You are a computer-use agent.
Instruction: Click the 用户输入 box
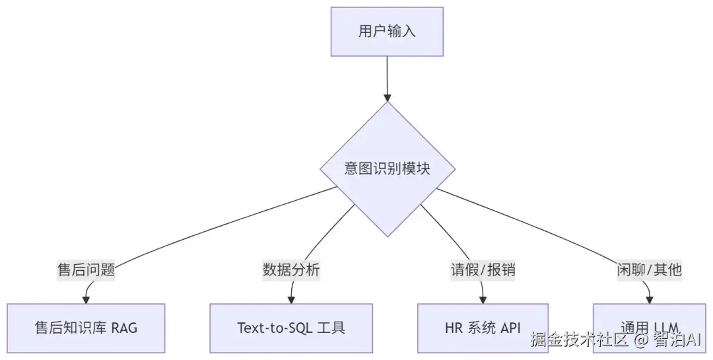(x=387, y=31)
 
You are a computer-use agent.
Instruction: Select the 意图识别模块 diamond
(x=388, y=169)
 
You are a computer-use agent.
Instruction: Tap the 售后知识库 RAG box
(x=86, y=328)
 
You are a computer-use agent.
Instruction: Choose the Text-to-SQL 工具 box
(x=291, y=328)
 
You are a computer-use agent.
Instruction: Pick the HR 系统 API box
(x=483, y=328)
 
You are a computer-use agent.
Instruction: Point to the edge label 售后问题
(x=86, y=270)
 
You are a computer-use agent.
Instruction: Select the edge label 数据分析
(x=291, y=270)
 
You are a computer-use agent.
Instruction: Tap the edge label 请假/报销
(x=483, y=270)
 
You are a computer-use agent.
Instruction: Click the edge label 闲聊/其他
(x=649, y=270)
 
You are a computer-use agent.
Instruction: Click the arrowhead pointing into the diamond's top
(x=388, y=98)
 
